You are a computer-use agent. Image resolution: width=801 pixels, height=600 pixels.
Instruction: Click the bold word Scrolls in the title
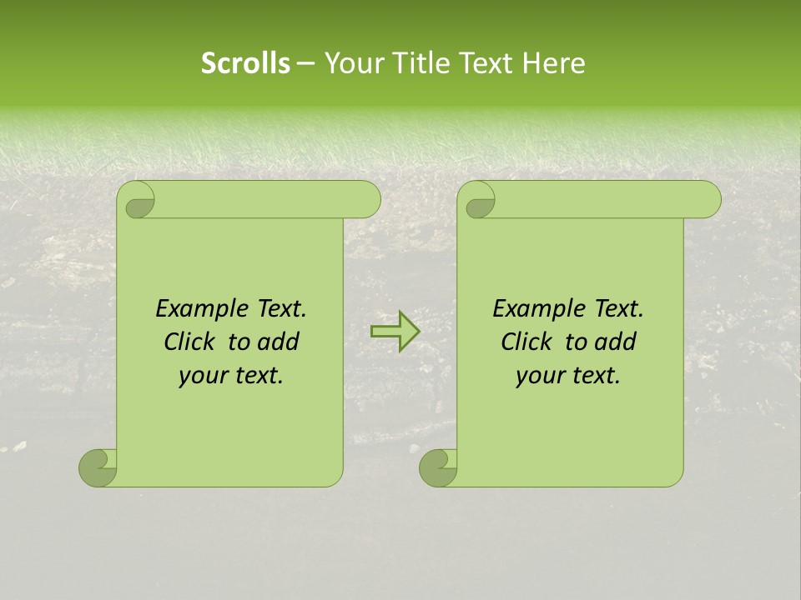tap(245, 63)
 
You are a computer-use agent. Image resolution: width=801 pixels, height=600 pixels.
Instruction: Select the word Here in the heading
tap(553, 63)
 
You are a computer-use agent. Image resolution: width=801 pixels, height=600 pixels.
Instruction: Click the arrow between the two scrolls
tap(395, 332)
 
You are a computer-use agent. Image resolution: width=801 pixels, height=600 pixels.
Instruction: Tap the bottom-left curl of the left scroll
tap(97, 467)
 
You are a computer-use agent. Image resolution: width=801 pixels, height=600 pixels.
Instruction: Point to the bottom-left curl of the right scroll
tap(437, 467)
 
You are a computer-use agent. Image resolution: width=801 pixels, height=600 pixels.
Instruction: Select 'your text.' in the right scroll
tap(568, 376)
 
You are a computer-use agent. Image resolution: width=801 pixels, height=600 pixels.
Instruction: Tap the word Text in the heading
tap(485, 63)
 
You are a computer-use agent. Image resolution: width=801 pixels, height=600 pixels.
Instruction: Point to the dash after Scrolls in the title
tap(305, 63)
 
